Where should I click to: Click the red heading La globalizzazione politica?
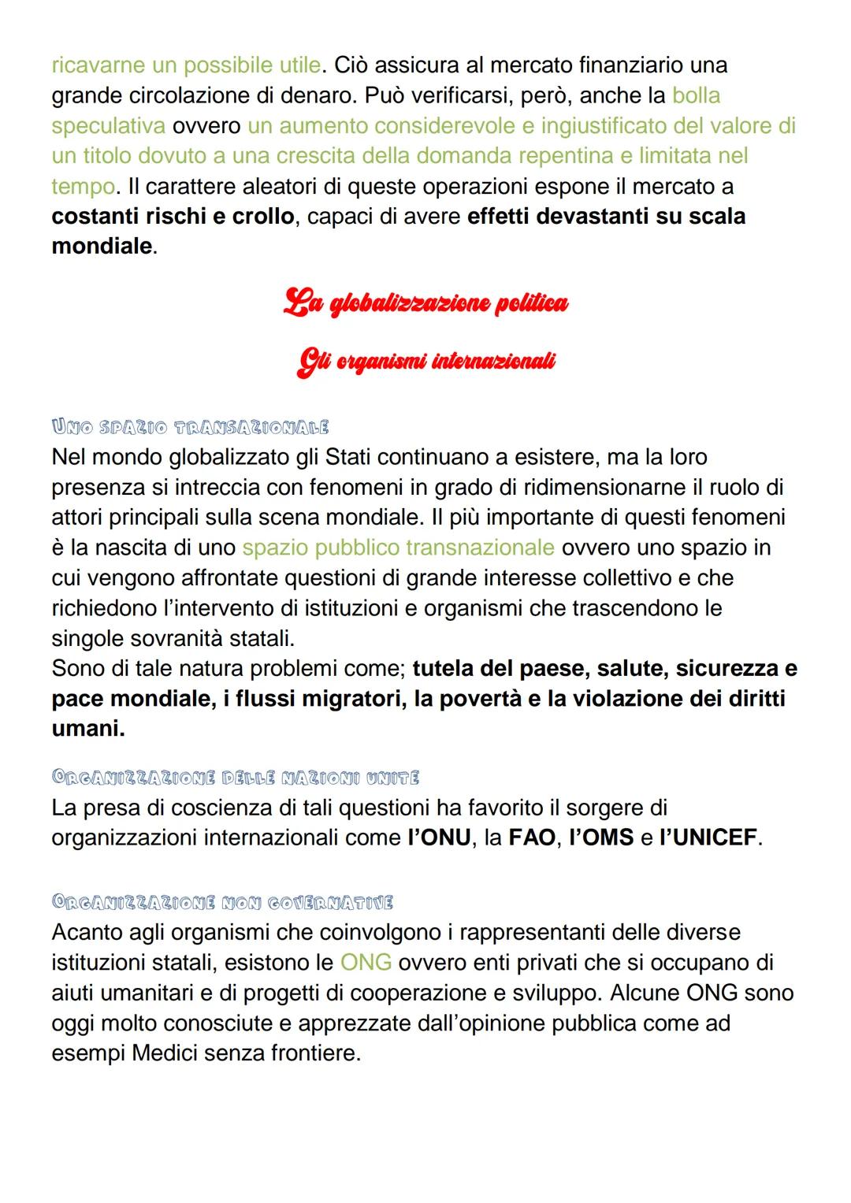425,303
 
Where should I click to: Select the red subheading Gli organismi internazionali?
425,362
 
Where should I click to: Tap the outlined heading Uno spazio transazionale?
190,428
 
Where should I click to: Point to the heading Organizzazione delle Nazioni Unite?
235,778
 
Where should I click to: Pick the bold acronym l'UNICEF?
708,837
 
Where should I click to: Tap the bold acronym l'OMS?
601,837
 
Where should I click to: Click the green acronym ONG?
366,962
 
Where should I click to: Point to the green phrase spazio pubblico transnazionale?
398,548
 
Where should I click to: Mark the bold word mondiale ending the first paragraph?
101,246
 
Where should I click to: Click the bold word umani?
87,729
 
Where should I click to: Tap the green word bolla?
696,95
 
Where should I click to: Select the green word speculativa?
108,125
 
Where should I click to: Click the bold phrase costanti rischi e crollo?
173,216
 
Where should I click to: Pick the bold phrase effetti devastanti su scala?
606,216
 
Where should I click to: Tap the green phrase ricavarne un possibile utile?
186,65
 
